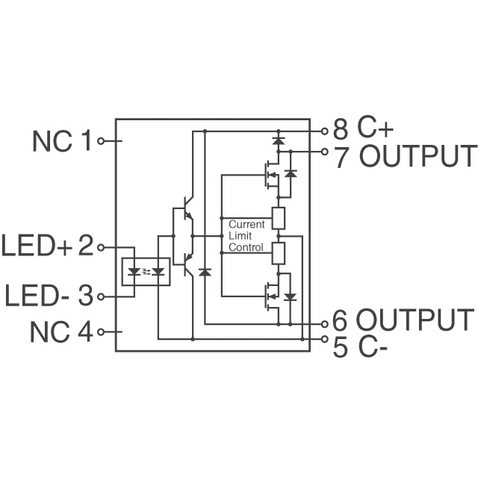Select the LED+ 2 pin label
click(49, 246)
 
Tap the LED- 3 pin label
click(49, 296)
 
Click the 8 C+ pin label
click(362, 129)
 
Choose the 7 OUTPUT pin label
click(404, 156)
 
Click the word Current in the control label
click(246, 224)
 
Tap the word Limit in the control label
click(240, 235)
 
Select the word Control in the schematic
click(246, 247)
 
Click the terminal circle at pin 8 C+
click(324, 131)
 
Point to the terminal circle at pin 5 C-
click(324, 340)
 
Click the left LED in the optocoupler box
click(134, 272)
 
